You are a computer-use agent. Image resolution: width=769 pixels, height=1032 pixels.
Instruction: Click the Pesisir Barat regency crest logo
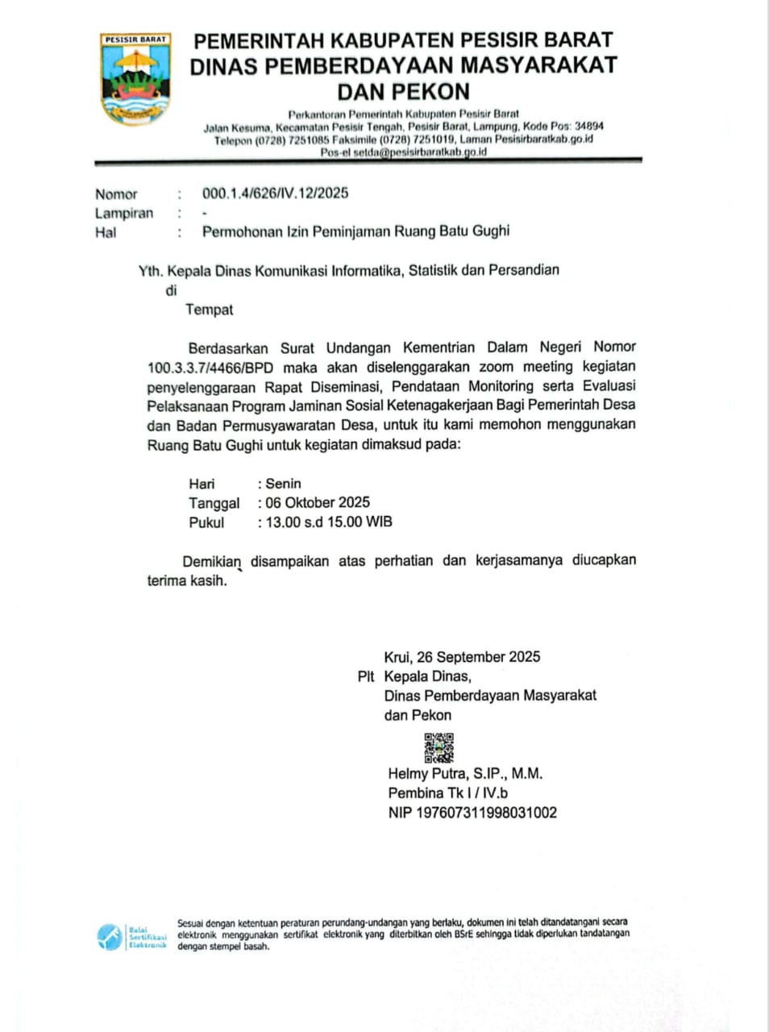(135, 78)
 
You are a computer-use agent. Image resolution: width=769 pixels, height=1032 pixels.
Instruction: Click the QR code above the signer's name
(439, 747)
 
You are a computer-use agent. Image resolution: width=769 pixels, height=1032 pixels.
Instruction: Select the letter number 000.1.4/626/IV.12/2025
(275, 193)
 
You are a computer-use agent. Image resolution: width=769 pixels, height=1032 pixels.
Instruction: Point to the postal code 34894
(588, 127)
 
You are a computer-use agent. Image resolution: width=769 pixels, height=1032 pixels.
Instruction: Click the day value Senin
(283, 484)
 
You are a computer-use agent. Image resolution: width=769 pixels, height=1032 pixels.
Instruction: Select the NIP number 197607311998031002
(486, 812)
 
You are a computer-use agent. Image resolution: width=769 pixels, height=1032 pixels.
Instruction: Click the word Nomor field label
(116, 194)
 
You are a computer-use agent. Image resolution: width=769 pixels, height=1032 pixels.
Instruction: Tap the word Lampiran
(124, 214)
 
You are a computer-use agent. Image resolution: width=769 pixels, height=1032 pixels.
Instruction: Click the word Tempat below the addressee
(210, 310)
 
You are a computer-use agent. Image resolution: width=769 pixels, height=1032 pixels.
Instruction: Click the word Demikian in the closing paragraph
(211, 561)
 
